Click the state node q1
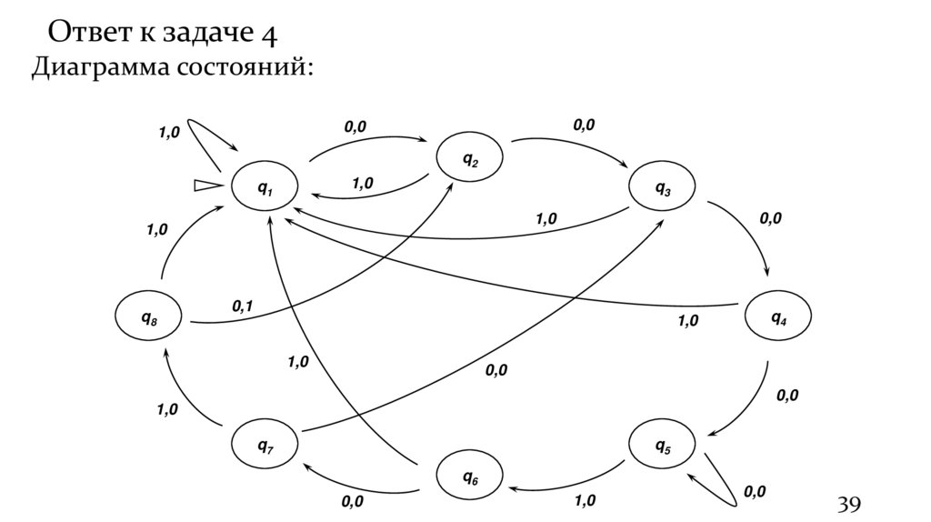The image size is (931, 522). point(265,187)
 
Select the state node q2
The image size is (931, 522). point(470,159)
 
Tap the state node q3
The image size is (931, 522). point(663,187)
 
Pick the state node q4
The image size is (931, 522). point(779,316)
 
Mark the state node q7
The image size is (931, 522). point(265,445)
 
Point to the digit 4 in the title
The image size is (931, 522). point(268,34)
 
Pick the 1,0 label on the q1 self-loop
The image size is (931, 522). point(169,133)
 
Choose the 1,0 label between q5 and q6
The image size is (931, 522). point(585,500)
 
